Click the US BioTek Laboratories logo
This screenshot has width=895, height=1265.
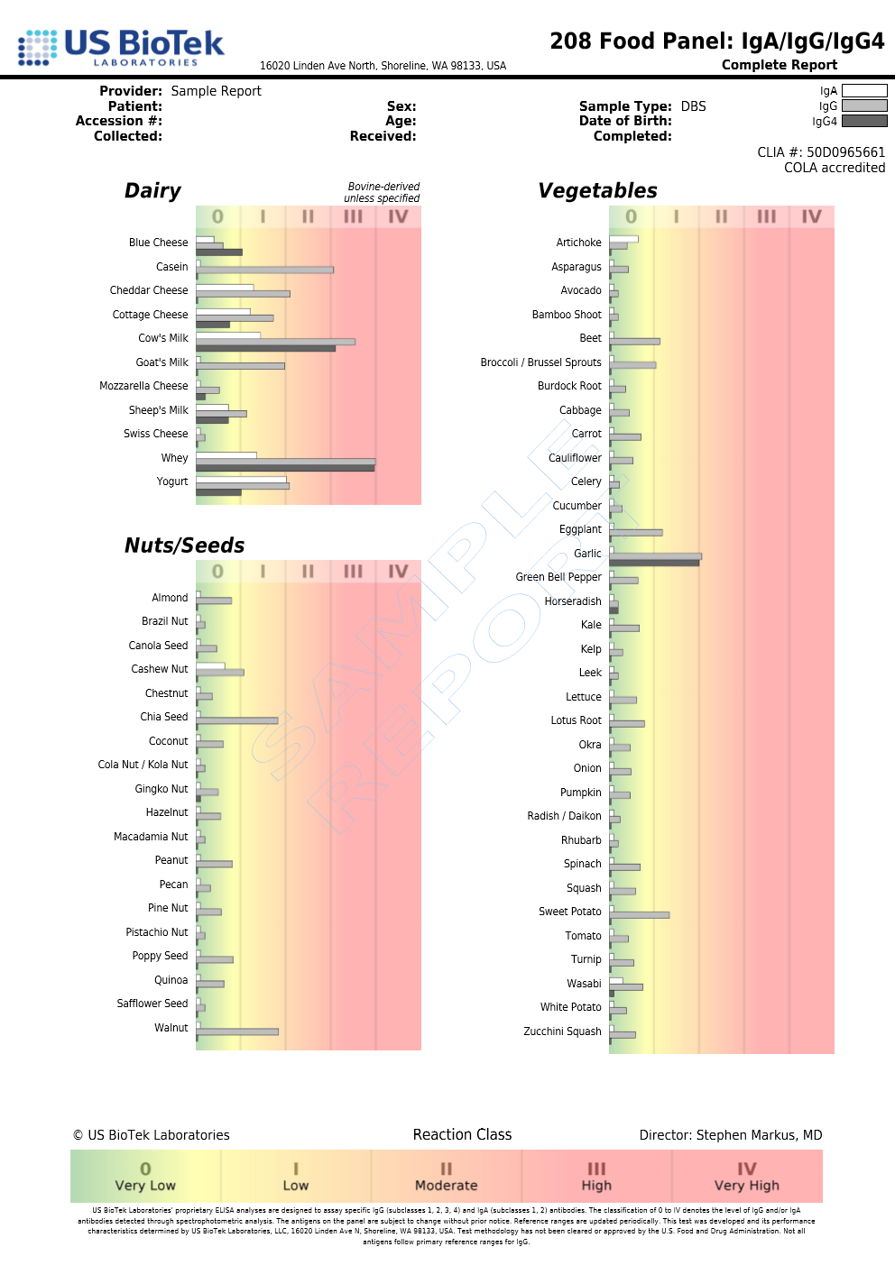(x=121, y=47)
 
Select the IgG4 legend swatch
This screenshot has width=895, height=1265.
(x=863, y=121)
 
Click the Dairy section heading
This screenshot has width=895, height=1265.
(x=152, y=190)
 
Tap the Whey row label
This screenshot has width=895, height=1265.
(x=174, y=458)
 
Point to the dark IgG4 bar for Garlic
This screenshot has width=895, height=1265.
(x=653, y=563)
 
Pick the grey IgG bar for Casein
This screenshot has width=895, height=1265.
(x=264, y=270)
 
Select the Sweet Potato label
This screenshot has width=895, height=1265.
(x=569, y=912)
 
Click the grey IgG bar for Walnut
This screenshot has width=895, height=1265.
(x=237, y=1031)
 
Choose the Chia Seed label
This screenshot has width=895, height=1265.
(x=163, y=717)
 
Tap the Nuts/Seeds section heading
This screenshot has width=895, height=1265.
(x=184, y=545)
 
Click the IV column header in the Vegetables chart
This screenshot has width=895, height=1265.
(x=811, y=216)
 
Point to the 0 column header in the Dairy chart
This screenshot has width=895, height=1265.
(x=217, y=216)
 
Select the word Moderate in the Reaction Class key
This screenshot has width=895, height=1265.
(x=446, y=1186)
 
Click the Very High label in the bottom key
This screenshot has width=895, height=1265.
(x=746, y=1186)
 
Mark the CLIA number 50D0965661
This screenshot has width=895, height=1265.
(x=845, y=152)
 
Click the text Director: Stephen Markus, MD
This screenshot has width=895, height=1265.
(x=730, y=1135)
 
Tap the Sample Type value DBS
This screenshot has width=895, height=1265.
(x=693, y=106)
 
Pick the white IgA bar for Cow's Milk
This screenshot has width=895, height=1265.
(x=228, y=335)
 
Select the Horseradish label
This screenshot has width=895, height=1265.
(x=572, y=601)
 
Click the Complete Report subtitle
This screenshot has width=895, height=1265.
(x=779, y=65)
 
